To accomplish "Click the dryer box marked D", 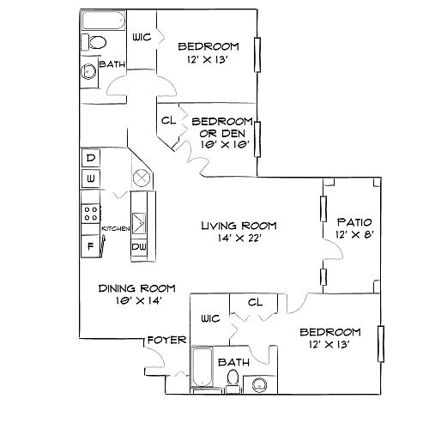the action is [x=91, y=158].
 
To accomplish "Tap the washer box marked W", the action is [x=91, y=178].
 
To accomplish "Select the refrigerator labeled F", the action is [x=90, y=246].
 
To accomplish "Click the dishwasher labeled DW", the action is [x=139, y=246].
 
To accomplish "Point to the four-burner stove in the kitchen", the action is [x=91, y=214].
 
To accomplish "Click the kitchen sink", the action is [x=139, y=223].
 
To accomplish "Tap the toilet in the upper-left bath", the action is [x=94, y=42].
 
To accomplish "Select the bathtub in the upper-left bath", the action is [x=104, y=21].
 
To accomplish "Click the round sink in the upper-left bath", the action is [x=88, y=71].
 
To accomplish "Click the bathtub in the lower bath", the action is [x=202, y=366].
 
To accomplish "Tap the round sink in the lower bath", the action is [x=260, y=384].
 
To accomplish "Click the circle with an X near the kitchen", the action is [x=142, y=178].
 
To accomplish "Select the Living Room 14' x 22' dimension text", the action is [x=239, y=238].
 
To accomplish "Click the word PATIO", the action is [x=354, y=222].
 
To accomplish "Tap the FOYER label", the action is [x=167, y=340].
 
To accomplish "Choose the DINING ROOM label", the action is [x=137, y=288].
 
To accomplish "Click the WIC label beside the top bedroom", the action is [x=142, y=37].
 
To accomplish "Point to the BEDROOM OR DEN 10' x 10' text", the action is [x=222, y=133].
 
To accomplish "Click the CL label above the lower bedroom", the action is [x=256, y=302].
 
